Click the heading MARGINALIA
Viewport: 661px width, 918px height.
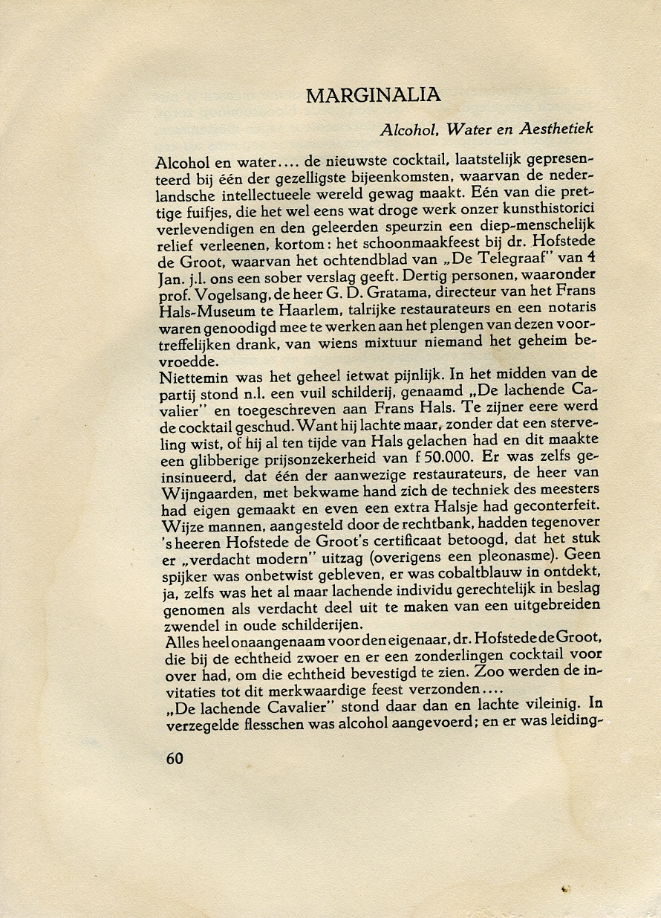373,95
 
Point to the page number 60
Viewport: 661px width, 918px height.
175,758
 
